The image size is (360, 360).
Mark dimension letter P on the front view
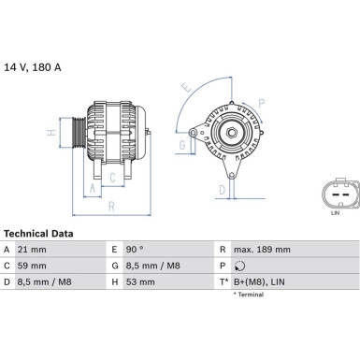click(x=261, y=102)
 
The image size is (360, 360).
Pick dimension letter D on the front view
click(x=221, y=190)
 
